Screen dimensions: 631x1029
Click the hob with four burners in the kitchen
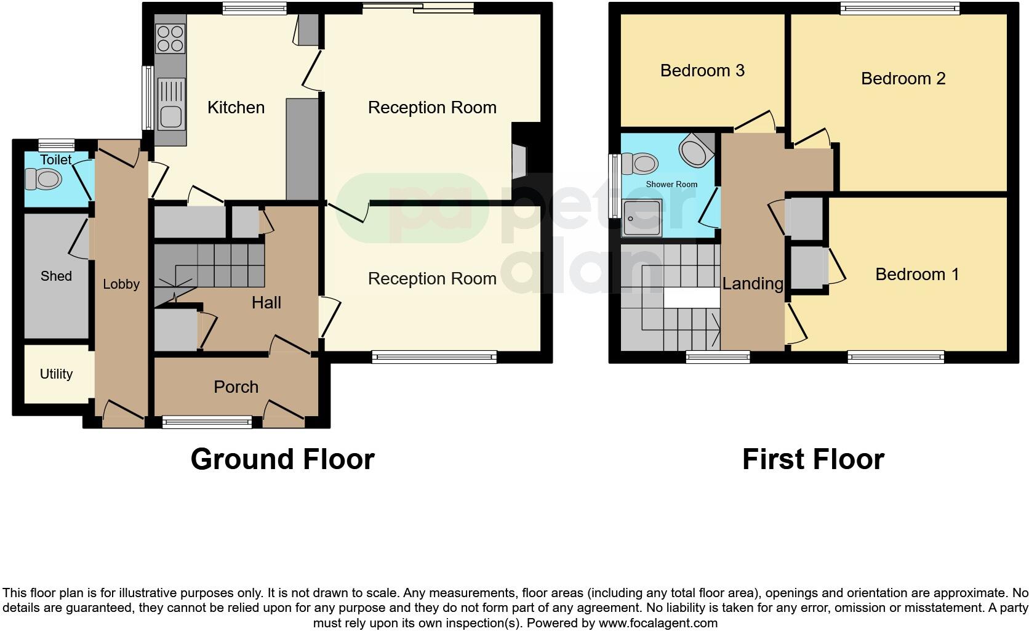click(x=170, y=38)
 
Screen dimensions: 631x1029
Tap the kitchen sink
click(x=170, y=105)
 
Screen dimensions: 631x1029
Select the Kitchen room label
click(x=236, y=108)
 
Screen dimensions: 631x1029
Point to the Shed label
click(x=56, y=276)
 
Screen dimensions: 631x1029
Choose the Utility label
click(x=56, y=374)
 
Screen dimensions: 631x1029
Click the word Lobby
click(x=121, y=284)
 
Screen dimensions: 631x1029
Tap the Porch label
click(x=236, y=387)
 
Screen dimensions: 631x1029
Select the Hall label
click(x=266, y=303)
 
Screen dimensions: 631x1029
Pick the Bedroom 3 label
click(x=702, y=71)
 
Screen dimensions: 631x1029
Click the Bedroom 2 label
click(x=903, y=79)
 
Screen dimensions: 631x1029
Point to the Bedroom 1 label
click(x=917, y=275)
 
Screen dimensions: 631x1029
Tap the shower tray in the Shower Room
click(x=641, y=218)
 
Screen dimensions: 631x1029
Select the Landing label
click(x=752, y=284)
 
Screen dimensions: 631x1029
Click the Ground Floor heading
click(x=282, y=459)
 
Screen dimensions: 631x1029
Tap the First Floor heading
click(x=813, y=459)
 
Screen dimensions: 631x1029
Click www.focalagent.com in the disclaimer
click(x=658, y=623)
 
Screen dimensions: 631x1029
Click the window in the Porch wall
click(x=207, y=422)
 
